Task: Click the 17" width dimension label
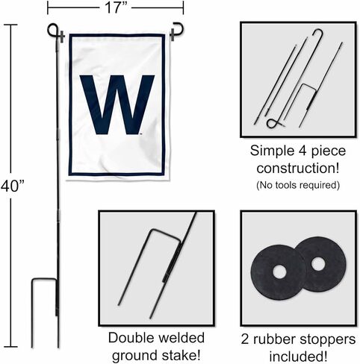click(116, 7)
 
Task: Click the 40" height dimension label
click(13, 186)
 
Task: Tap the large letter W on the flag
click(117, 104)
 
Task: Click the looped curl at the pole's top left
click(52, 30)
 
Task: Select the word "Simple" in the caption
click(273, 151)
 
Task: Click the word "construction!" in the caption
click(298, 169)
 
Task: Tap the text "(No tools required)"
click(298, 185)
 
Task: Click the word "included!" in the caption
click(298, 357)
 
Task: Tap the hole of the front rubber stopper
click(279, 272)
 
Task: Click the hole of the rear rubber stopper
click(318, 264)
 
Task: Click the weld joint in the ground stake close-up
click(172, 261)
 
